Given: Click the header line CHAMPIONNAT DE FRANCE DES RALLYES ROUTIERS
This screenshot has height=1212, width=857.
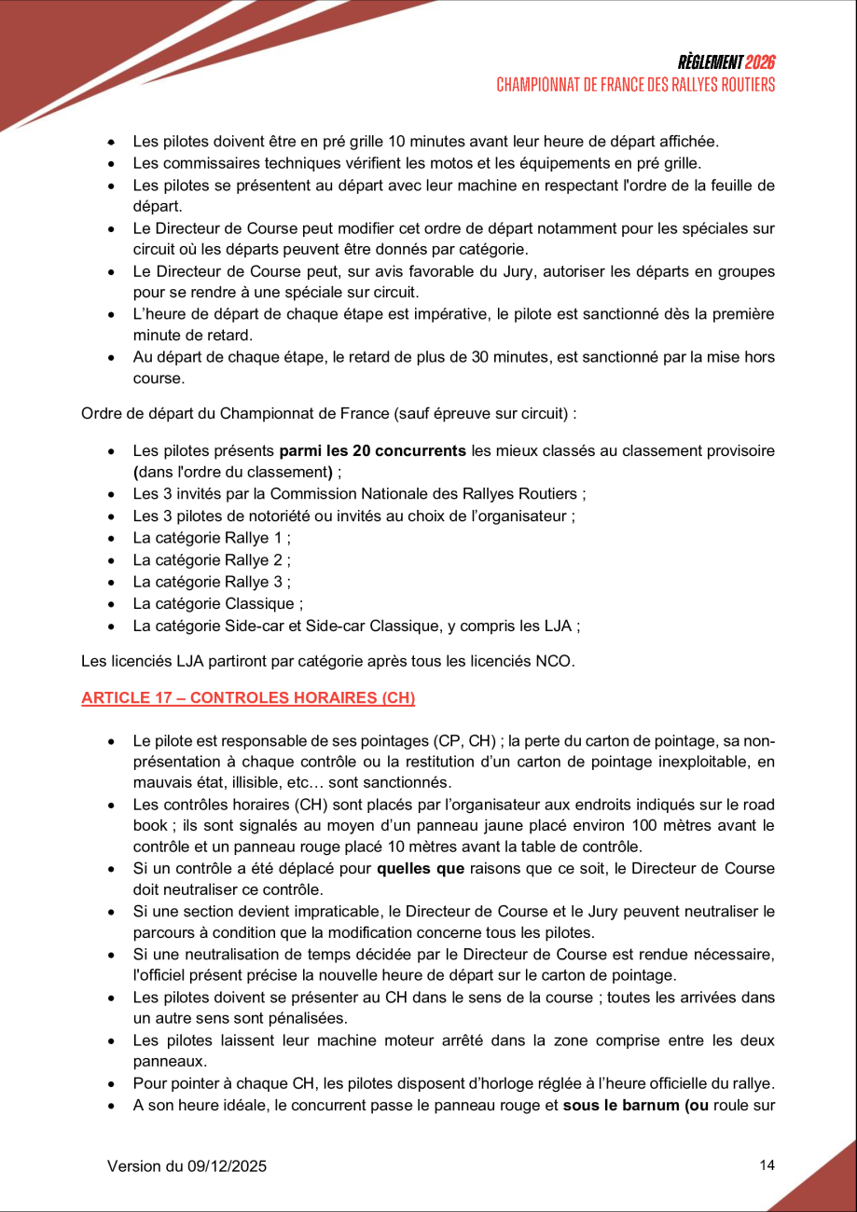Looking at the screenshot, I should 635,85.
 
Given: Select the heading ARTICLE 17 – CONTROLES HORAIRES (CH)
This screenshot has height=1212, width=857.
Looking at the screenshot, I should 248,698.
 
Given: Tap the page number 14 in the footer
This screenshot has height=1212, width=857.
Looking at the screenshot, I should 767,1165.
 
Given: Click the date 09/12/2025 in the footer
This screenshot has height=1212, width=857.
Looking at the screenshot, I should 230,1166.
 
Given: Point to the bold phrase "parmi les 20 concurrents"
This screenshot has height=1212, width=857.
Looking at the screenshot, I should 373,451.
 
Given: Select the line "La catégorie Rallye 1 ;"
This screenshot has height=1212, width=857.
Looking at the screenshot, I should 212,538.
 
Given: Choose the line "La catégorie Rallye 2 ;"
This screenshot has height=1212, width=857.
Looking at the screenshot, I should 212,560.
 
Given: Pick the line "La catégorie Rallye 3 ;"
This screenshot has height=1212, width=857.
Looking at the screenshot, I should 212,582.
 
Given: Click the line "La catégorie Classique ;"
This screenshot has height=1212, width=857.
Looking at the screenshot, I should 218,603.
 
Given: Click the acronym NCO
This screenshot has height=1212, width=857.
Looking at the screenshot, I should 555,662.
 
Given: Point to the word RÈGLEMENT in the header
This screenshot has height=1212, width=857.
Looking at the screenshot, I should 711,62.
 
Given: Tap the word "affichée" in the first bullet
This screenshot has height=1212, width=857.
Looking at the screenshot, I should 689,142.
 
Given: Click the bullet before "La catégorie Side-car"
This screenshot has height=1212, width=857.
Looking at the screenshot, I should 112,627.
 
